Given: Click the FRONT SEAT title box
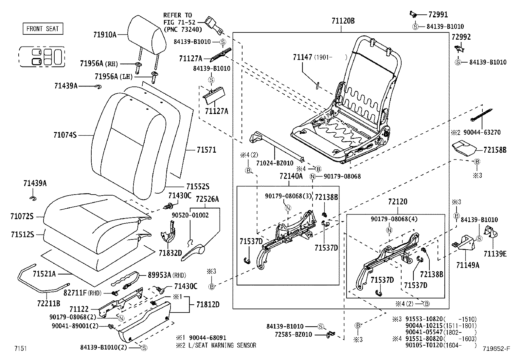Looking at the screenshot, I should pos(43,29).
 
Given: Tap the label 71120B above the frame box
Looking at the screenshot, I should pos(343,21).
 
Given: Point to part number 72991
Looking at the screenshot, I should pos(438,14).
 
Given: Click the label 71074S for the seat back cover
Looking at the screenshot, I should pos(65,135).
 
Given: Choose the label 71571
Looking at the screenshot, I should pos(206,150).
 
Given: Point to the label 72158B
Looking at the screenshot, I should pos(495,150).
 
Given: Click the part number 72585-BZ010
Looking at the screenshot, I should pos(294,334).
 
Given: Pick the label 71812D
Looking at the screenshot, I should pos(208,304).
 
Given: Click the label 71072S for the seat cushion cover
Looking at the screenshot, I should pos(22,216).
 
